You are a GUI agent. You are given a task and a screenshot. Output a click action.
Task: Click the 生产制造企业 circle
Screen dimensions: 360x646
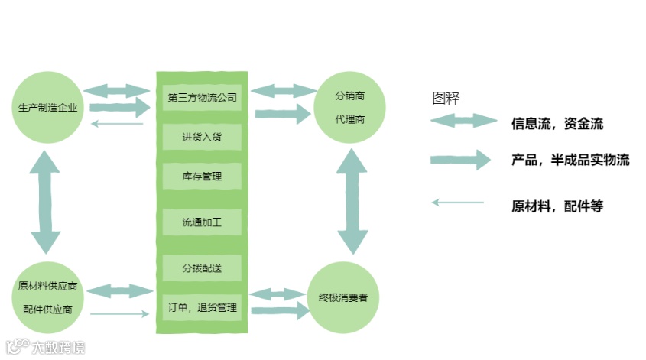(x=47, y=108)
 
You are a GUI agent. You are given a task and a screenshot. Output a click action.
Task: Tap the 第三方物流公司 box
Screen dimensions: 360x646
(x=202, y=98)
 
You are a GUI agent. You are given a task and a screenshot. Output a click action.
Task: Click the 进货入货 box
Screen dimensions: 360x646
(x=202, y=138)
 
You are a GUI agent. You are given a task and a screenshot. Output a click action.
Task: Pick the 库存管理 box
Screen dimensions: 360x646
(x=202, y=177)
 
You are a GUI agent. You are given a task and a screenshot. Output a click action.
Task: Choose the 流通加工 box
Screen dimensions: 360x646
(x=202, y=223)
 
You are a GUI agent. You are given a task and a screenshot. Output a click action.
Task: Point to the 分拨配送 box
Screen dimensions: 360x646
(x=202, y=268)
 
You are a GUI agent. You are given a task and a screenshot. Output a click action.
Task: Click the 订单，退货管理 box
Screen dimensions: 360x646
(x=202, y=308)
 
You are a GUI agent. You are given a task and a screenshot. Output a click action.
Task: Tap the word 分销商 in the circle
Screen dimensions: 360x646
(x=349, y=96)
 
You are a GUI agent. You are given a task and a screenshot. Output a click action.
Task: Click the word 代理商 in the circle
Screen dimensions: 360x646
(x=349, y=120)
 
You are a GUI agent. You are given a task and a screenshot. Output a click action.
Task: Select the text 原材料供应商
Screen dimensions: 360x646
(x=47, y=287)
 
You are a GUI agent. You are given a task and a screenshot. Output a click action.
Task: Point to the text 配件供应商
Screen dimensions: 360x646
(x=47, y=310)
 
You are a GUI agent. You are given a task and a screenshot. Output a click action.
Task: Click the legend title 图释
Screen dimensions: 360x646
(x=446, y=98)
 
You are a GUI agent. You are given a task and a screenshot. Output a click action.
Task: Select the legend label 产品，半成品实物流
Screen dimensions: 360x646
(x=570, y=161)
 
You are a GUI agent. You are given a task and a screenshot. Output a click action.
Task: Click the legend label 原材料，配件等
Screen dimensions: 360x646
(x=557, y=206)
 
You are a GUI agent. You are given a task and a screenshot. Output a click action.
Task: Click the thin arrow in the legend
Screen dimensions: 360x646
(x=458, y=203)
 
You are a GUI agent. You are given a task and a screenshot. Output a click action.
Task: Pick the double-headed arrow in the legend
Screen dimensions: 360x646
(x=463, y=121)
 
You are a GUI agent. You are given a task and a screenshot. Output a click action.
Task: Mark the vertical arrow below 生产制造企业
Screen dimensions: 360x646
(x=47, y=202)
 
